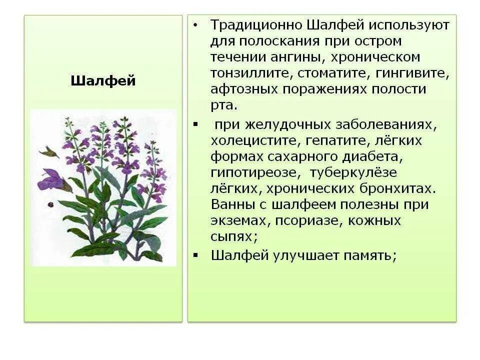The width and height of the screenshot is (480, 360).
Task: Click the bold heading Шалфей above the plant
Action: point(103,81)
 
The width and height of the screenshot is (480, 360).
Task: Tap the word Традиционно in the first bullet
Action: point(255,25)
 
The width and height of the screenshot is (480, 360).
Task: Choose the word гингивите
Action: point(414,73)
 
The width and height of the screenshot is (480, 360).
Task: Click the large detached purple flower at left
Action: point(52,180)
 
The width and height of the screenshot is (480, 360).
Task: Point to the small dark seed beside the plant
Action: point(50,204)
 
